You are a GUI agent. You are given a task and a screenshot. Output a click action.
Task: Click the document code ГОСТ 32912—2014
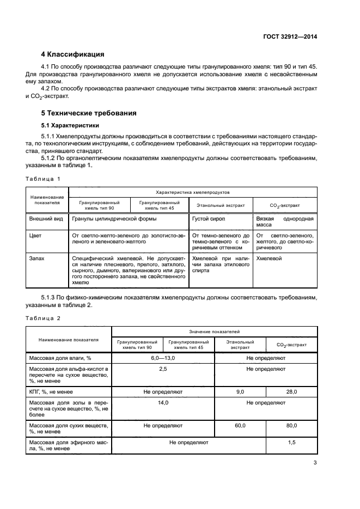click(290, 36)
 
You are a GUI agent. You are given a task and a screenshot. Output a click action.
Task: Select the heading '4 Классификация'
click(72, 54)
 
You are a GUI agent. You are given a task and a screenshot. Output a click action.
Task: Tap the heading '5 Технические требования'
click(89, 113)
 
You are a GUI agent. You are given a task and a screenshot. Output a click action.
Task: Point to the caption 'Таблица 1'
click(43, 179)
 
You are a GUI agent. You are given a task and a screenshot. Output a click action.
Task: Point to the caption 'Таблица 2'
click(43, 317)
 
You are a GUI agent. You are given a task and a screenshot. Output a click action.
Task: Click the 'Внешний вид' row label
click(46, 218)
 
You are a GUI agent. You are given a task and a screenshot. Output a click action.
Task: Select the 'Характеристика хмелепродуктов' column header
click(193, 192)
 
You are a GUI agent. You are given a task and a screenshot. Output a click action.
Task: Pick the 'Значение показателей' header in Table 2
click(214, 332)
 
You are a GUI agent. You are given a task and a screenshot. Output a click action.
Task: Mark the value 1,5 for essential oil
click(291, 443)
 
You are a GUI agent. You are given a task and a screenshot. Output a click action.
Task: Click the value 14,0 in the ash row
click(163, 403)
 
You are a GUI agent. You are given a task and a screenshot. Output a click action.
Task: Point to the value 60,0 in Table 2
click(240, 425)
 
